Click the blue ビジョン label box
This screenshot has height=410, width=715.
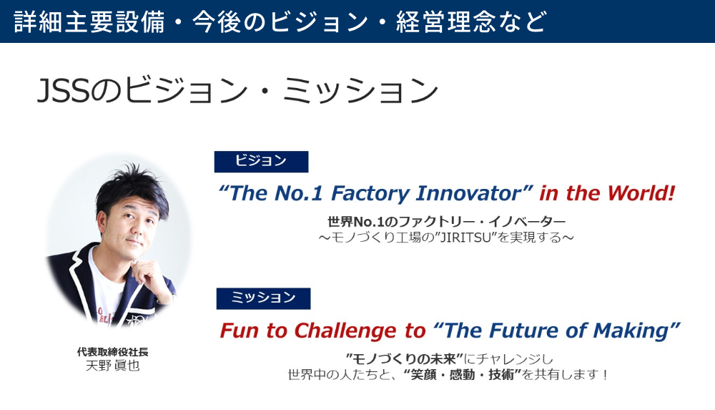[x=261, y=162]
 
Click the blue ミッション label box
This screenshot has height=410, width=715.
[x=264, y=298]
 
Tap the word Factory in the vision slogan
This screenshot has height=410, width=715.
[x=370, y=194]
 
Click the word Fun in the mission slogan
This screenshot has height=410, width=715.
[x=240, y=331]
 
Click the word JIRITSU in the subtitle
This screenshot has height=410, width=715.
[x=465, y=238]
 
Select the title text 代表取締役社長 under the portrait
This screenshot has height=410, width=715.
[x=113, y=352]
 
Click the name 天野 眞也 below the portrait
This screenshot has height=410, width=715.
[x=113, y=366]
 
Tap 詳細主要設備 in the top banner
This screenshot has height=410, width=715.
[x=89, y=21]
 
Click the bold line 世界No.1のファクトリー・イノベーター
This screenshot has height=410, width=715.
[x=447, y=222]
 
